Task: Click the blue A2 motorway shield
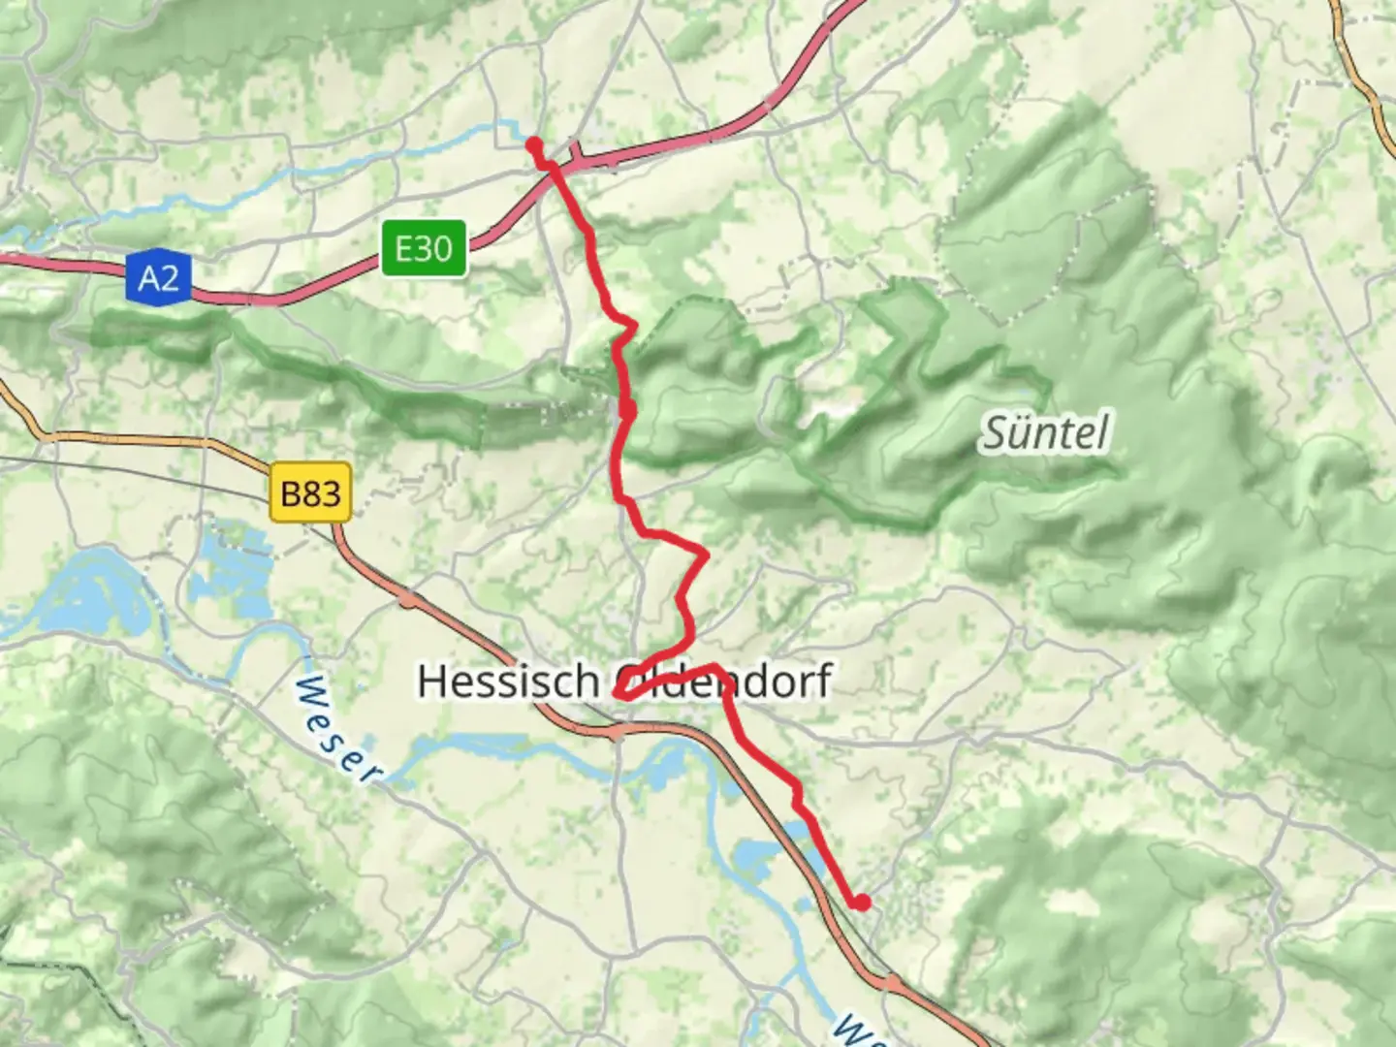(158, 278)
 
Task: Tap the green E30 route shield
(424, 248)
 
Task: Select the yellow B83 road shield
(310, 493)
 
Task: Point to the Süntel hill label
(1045, 432)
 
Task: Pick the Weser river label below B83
(335, 729)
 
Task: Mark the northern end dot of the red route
(533, 144)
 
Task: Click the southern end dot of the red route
(861, 903)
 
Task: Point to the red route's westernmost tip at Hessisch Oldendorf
(618, 694)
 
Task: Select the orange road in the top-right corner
(1362, 78)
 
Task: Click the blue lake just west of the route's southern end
(761, 853)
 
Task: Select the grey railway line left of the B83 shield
(145, 466)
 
